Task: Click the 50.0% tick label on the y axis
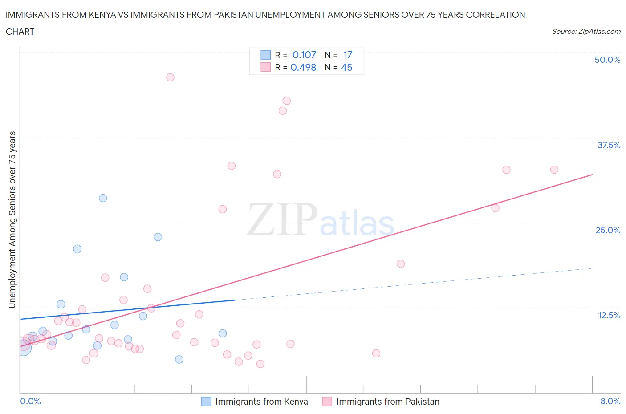(x=607, y=60)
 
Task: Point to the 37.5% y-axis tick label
(x=609, y=145)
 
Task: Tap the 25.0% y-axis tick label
(x=608, y=230)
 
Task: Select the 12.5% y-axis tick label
(x=609, y=315)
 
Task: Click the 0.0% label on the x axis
(x=30, y=401)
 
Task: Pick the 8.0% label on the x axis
(x=610, y=401)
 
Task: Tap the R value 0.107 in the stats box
(x=304, y=55)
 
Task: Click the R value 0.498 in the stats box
(x=303, y=67)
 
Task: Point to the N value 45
(x=346, y=67)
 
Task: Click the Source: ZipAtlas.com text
(x=586, y=32)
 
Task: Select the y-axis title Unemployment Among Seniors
(x=12, y=219)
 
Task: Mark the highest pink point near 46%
(x=170, y=77)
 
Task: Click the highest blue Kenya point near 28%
(x=103, y=198)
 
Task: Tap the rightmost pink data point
(x=554, y=170)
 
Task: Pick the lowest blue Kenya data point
(x=179, y=359)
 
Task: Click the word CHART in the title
(x=20, y=32)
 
